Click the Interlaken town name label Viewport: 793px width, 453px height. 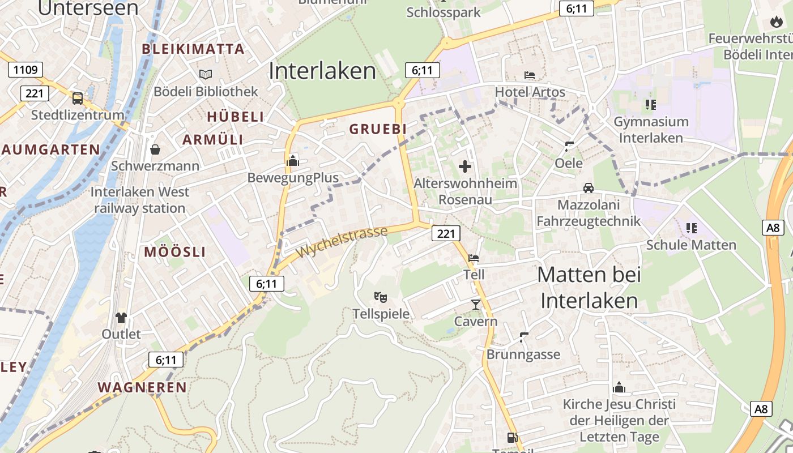coord(322,71)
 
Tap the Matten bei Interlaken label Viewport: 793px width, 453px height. coord(589,288)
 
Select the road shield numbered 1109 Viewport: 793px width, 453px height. coord(25,70)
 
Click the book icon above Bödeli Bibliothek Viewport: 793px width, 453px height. coord(206,74)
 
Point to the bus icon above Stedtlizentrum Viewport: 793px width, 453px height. coord(78,99)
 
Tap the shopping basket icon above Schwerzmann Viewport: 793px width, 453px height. coord(155,149)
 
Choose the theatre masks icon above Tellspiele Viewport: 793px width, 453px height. coord(381,297)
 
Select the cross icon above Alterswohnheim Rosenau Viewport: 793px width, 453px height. coord(465,166)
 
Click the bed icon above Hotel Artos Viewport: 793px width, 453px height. coord(530,75)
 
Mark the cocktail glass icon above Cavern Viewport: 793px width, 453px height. coord(475,305)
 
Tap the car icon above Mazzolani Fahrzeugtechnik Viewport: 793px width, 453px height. coord(589,188)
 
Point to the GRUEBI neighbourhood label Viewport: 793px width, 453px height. coord(378,129)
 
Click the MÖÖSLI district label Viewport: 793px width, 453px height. coord(174,252)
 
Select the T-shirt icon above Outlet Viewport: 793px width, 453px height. coord(121,317)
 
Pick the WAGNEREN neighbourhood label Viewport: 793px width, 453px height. coord(142,387)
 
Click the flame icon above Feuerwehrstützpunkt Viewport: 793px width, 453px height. coord(775,22)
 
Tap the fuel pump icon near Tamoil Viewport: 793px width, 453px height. coord(512,437)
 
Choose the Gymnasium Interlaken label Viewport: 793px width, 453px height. coord(651,130)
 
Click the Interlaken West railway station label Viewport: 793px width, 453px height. coord(139,200)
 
